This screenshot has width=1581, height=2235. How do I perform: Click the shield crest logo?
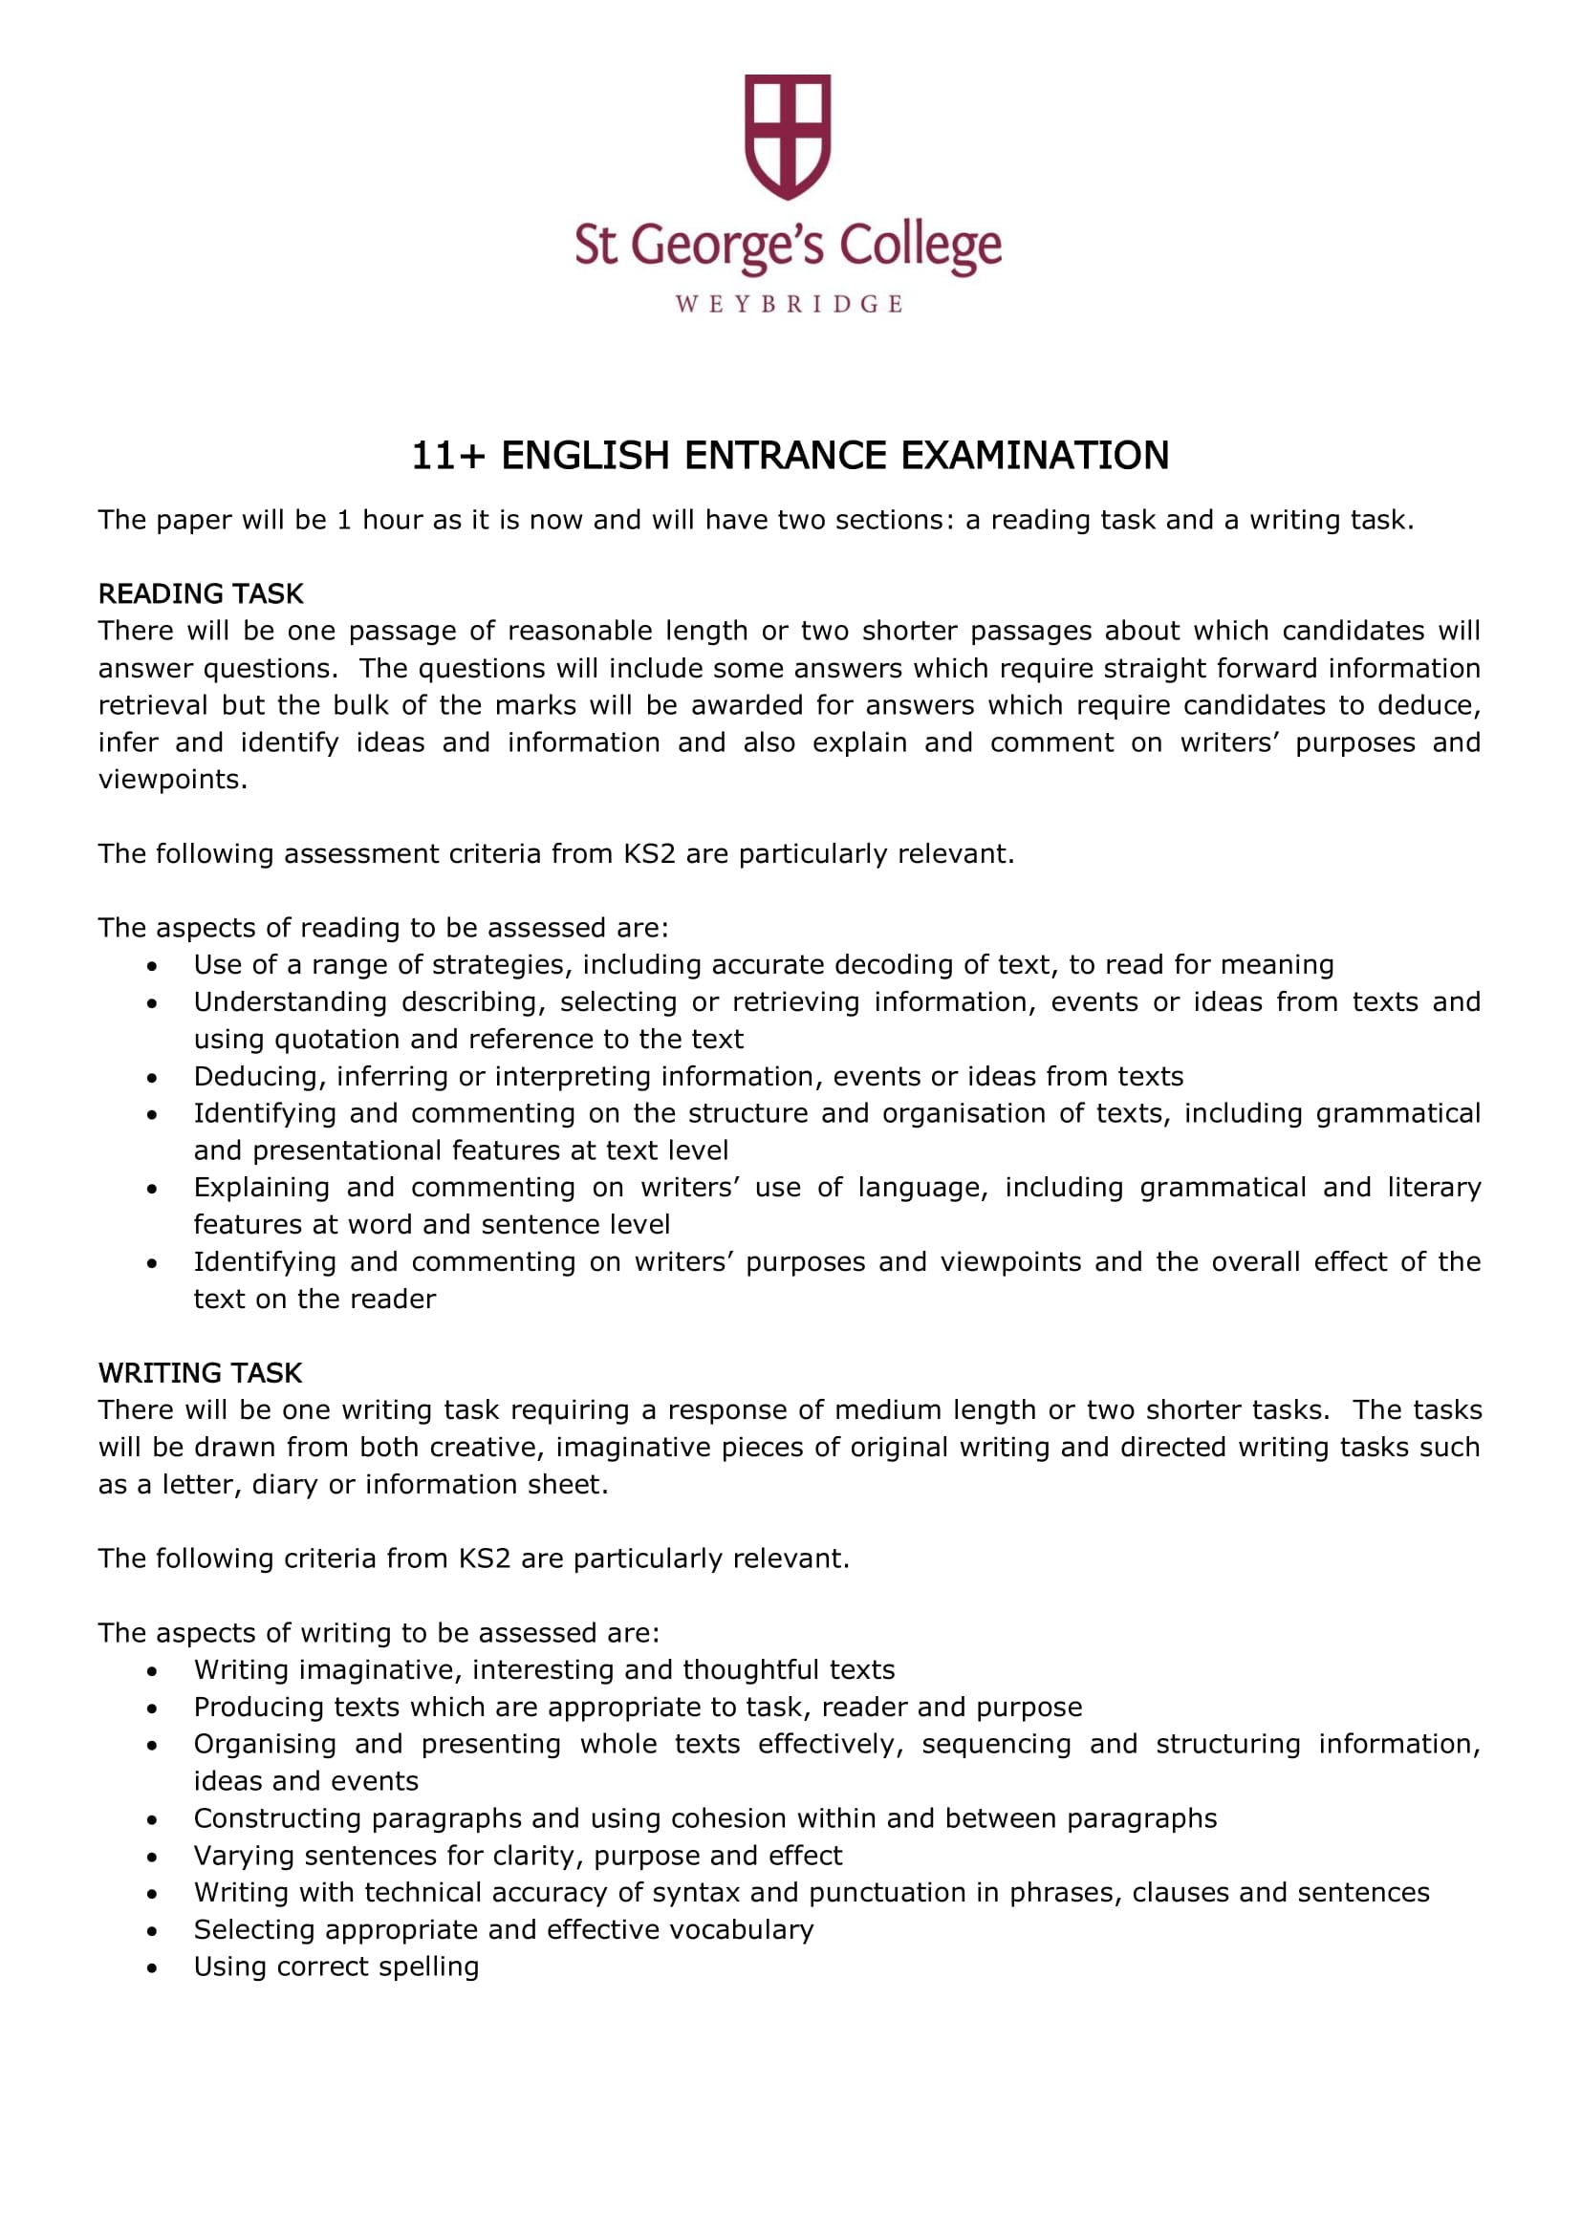[x=788, y=136]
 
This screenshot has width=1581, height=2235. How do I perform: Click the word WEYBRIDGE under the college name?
[x=789, y=305]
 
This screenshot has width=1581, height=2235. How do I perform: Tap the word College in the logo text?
[x=920, y=247]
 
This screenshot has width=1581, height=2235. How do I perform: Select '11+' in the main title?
[x=446, y=456]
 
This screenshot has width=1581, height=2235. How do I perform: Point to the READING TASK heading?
[x=201, y=593]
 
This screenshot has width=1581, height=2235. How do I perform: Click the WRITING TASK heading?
[x=200, y=1372]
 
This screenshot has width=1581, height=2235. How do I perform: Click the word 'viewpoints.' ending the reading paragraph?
[x=172, y=780]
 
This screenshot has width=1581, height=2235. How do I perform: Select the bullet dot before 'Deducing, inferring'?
[x=152, y=1078]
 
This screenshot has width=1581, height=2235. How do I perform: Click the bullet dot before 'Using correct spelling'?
[x=152, y=1968]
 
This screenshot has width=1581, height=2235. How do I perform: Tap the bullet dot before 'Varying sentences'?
[x=152, y=1857]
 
